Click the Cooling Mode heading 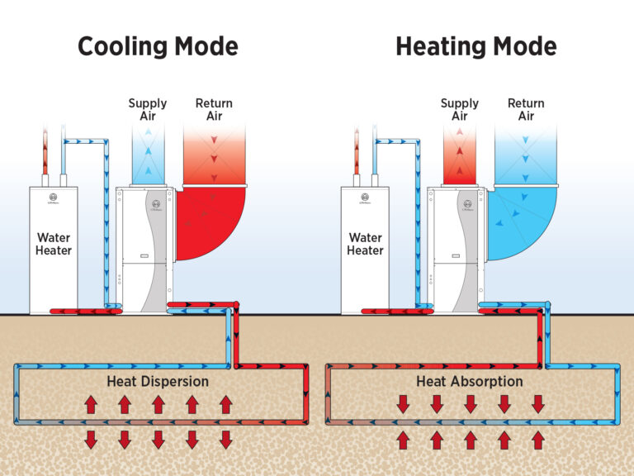(x=158, y=45)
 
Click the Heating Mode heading (x=475, y=45)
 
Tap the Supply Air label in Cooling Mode (x=148, y=109)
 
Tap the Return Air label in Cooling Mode (x=214, y=109)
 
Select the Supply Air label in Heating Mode (x=460, y=109)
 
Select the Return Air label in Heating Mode (x=526, y=109)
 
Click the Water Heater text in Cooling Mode (x=54, y=244)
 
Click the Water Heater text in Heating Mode (x=365, y=244)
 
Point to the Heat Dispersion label (x=158, y=382)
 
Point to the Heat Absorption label (x=470, y=382)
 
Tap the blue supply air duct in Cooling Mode (x=149, y=157)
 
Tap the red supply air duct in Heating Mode (x=460, y=157)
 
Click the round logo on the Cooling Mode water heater (x=54, y=198)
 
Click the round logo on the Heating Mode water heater (x=365, y=198)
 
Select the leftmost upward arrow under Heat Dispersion (x=91, y=404)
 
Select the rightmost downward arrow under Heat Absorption (x=538, y=404)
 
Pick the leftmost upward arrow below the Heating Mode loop (x=404, y=440)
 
